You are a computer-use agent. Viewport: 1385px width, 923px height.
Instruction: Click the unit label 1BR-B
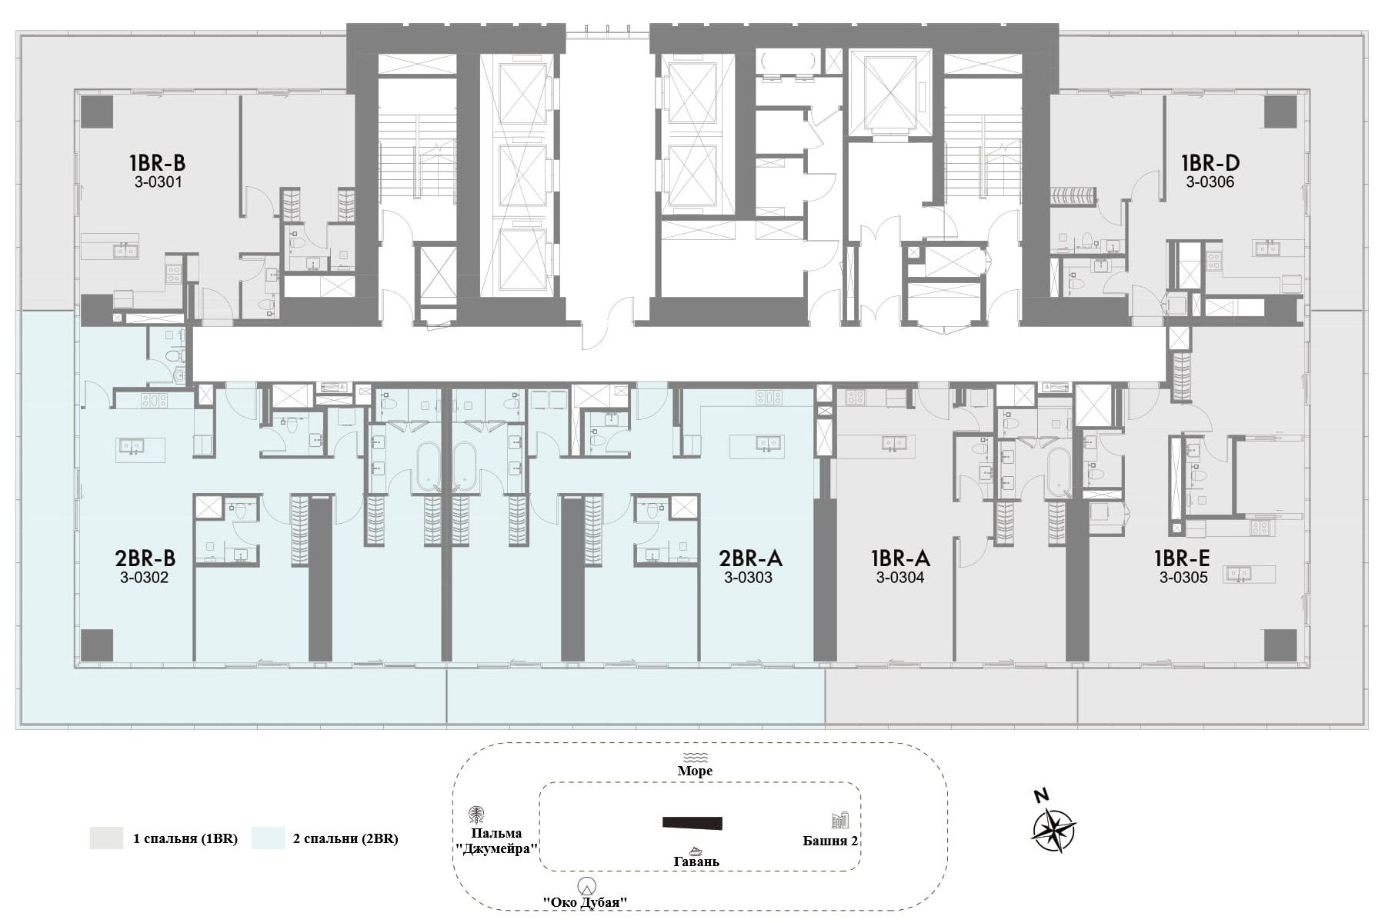[157, 163]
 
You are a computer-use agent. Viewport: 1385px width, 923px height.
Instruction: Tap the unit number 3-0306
[1210, 182]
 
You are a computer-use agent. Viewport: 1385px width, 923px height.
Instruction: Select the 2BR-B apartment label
[145, 558]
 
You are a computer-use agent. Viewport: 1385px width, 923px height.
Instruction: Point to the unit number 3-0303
[748, 578]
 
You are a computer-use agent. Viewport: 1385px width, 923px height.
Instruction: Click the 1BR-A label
[900, 558]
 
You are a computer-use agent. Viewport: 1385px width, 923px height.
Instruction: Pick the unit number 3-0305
[1183, 578]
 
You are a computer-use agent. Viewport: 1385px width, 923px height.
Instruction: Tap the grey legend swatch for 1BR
[106, 838]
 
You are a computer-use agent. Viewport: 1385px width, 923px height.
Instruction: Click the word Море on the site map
[695, 771]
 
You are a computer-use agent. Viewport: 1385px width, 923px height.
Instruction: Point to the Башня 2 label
[830, 841]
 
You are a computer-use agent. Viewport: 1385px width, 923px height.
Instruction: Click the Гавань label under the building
[696, 861]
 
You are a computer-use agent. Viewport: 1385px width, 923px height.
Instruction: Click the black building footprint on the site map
[692, 823]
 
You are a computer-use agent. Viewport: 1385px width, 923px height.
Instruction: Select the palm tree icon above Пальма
[477, 815]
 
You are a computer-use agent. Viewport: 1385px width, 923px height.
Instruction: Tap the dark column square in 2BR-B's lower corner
[97, 645]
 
